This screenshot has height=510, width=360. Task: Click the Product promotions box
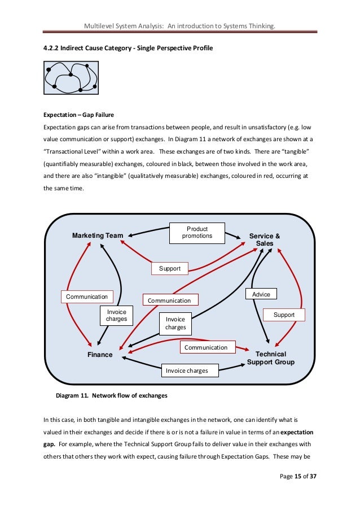197,232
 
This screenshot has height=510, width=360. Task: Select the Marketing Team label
98,236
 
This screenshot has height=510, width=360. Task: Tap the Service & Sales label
265,239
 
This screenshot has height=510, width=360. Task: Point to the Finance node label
100,355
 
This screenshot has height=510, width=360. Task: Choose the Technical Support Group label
270,358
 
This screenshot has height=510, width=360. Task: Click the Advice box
261,294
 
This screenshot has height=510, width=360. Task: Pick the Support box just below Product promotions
170,269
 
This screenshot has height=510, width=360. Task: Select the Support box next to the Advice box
284,315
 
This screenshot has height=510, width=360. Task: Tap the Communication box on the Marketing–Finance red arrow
87,297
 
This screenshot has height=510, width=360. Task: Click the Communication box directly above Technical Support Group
205,347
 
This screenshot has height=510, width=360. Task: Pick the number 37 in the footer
312,492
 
